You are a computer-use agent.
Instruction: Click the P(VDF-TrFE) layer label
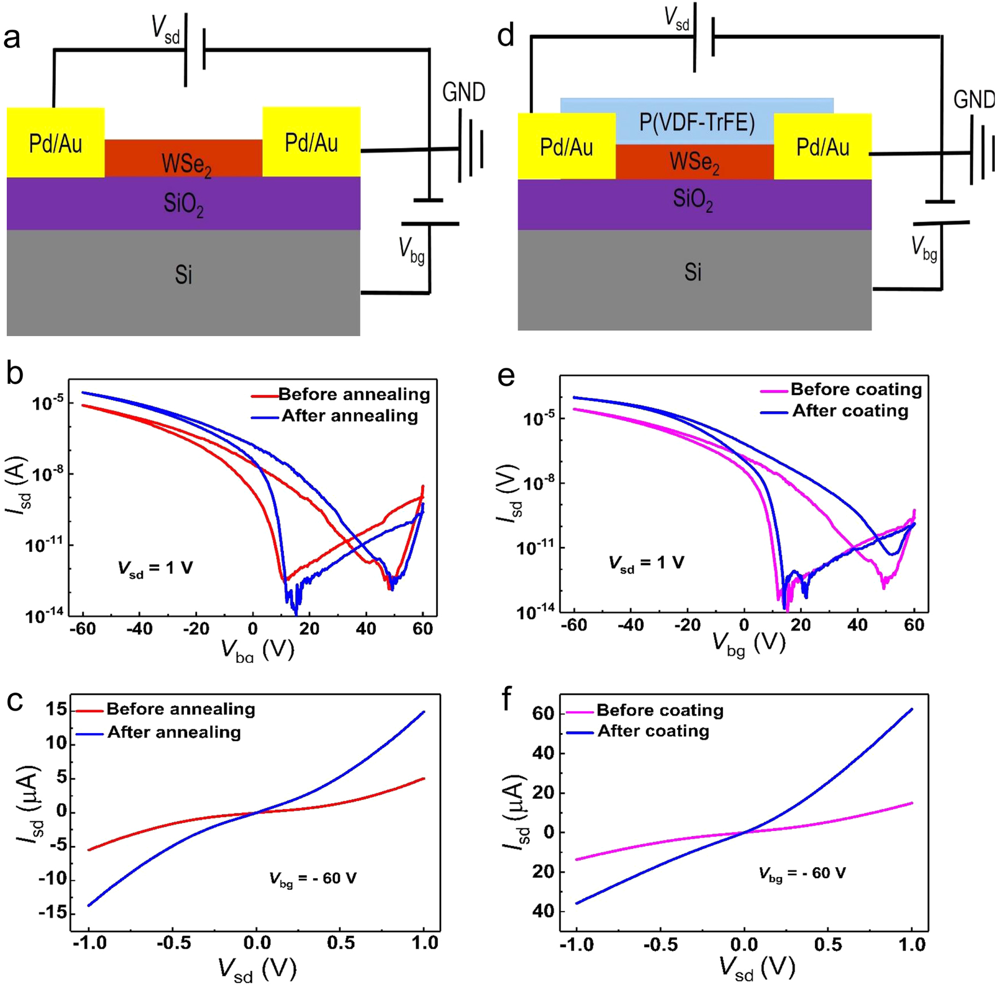point(697,123)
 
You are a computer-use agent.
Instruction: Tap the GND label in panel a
point(464,93)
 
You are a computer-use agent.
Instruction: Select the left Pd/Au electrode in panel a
point(55,143)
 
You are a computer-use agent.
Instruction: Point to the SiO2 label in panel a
point(183,204)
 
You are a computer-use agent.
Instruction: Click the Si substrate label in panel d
point(693,272)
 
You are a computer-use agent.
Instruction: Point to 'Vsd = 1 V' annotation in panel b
point(155,568)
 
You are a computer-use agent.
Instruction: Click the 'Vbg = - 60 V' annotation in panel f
point(802,873)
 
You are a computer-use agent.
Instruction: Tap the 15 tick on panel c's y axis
point(56,710)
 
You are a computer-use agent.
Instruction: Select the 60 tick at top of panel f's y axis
point(543,714)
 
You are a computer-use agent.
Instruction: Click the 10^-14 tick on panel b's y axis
point(44,616)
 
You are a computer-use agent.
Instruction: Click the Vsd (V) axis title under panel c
point(257,968)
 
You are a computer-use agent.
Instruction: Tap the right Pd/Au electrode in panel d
point(823,147)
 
